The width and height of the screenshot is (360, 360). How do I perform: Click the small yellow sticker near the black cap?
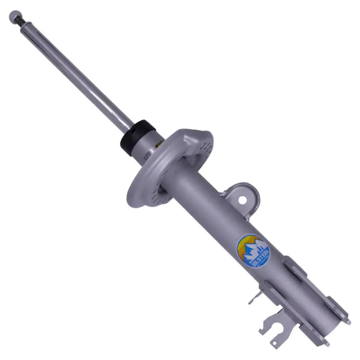[x=157, y=145]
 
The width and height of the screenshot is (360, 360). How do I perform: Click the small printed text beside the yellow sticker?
[x=147, y=155]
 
